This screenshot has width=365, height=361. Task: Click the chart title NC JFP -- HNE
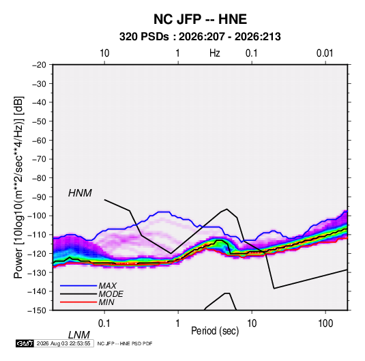[x=200, y=19]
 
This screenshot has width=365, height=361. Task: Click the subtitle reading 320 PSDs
[x=144, y=37]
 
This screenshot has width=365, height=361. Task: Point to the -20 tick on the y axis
[x=39, y=65]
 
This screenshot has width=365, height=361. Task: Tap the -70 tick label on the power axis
[x=39, y=159]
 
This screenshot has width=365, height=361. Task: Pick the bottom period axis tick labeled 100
[x=325, y=323]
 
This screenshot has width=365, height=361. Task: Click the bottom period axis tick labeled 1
[x=178, y=323]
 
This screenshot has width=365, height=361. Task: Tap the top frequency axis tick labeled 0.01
[x=325, y=53]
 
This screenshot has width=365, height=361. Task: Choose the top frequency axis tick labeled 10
[x=104, y=53]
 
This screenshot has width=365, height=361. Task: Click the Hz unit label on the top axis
[x=215, y=53]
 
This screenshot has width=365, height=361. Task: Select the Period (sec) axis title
[x=215, y=331]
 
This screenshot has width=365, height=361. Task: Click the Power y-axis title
[x=18, y=187]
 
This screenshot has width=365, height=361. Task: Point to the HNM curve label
[x=80, y=193]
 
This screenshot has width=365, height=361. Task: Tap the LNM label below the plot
[x=78, y=335]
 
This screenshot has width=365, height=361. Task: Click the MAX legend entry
[x=107, y=285]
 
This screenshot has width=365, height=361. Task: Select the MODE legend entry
[x=111, y=294]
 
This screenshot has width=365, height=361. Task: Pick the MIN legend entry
[x=106, y=302]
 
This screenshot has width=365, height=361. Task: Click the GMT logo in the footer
[x=25, y=343]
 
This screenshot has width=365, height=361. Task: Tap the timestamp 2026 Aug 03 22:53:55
[x=63, y=343]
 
